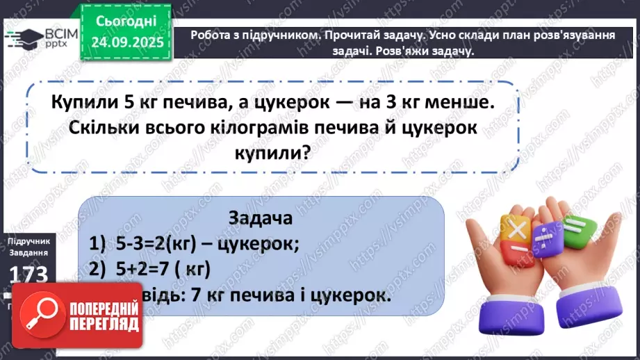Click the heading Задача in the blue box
259,218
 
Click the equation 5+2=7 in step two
144,268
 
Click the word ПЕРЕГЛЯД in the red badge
104,325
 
